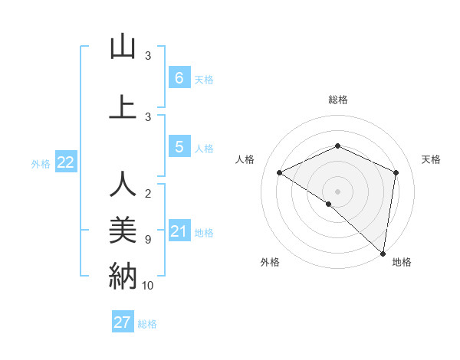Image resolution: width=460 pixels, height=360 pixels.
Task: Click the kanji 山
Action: (x=123, y=47)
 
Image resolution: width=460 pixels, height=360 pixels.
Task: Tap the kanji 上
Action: (x=123, y=108)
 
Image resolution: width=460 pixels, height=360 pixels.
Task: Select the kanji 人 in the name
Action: (x=123, y=185)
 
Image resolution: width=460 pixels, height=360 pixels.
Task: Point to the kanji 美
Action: (x=123, y=231)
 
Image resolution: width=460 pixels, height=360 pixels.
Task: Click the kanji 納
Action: (x=123, y=276)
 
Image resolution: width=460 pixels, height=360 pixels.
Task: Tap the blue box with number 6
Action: (x=179, y=77)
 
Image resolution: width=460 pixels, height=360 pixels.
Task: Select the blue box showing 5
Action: (x=179, y=146)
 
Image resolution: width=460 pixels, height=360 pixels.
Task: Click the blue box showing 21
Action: (x=179, y=231)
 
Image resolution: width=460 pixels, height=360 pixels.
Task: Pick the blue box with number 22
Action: (x=66, y=162)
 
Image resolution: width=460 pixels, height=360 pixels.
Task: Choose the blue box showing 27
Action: (x=123, y=322)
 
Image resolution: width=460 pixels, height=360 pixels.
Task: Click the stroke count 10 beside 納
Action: (x=148, y=286)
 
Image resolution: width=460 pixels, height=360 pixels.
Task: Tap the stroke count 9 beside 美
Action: (x=148, y=240)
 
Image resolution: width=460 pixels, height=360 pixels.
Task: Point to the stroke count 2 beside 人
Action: (x=148, y=194)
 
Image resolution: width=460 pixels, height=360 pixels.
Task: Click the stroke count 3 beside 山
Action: (x=148, y=56)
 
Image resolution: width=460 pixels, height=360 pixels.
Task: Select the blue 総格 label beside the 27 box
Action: (x=147, y=324)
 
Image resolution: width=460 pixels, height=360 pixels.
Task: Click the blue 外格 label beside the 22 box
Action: (x=41, y=163)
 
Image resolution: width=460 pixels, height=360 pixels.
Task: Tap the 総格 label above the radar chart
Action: (x=337, y=100)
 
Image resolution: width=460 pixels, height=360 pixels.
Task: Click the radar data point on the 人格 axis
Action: (x=280, y=173)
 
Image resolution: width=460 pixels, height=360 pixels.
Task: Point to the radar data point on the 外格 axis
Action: (x=328, y=204)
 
